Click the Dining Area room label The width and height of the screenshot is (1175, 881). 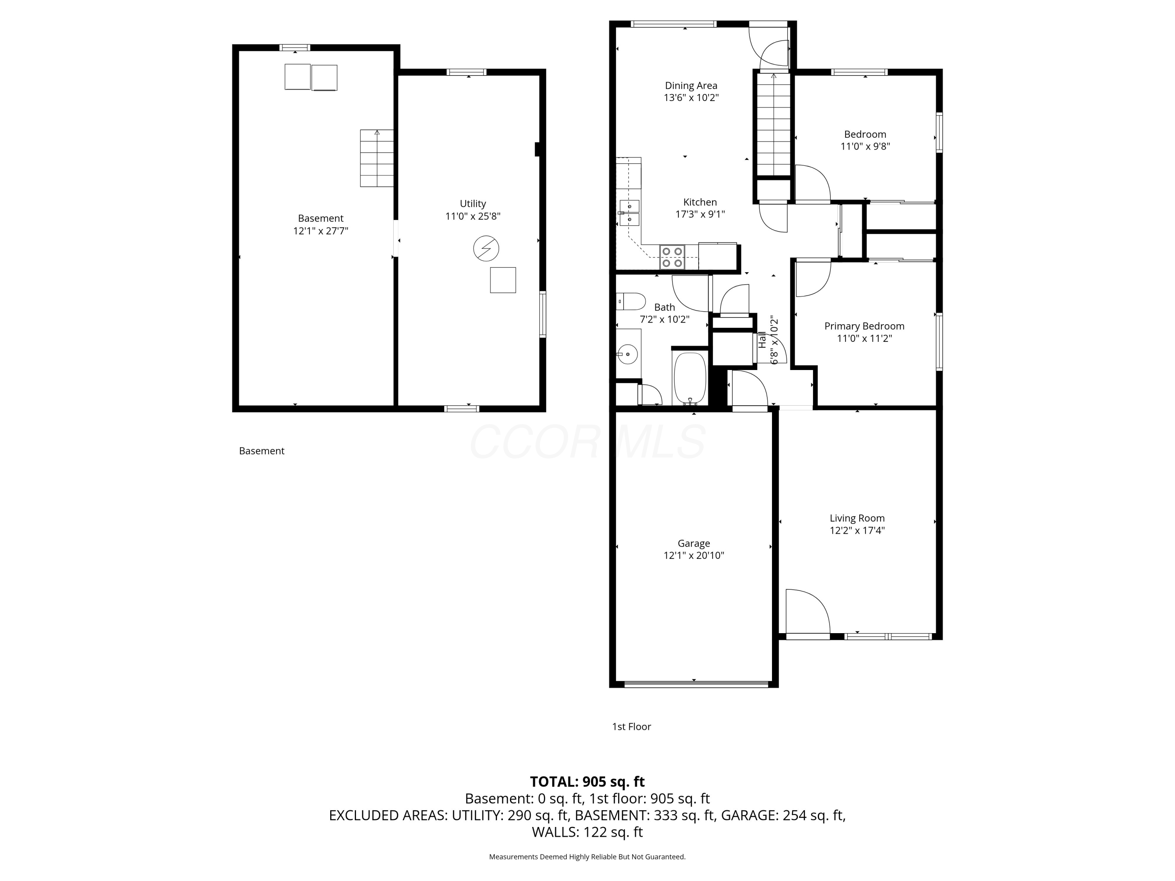coord(691,85)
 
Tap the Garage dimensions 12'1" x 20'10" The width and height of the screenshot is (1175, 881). coord(693,556)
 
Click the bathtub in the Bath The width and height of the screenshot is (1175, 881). coord(690,378)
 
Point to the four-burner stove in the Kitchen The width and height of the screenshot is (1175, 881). coord(672,257)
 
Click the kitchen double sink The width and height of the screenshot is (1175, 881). coord(629,212)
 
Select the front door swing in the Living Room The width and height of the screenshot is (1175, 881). coord(807,611)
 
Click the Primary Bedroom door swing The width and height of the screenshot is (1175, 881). coord(813,277)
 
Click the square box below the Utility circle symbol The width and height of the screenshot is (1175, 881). coord(503,280)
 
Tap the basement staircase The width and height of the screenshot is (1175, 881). coord(377,158)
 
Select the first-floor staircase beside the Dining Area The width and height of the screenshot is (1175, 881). coord(774,125)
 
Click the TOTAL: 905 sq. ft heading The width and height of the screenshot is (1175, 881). coord(587,782)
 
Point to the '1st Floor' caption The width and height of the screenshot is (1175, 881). coord(631,726)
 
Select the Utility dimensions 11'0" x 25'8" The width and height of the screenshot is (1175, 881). coord(473,216)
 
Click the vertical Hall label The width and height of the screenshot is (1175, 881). coord(762,340)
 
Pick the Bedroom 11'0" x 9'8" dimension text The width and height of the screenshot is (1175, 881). coord(865,146)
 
